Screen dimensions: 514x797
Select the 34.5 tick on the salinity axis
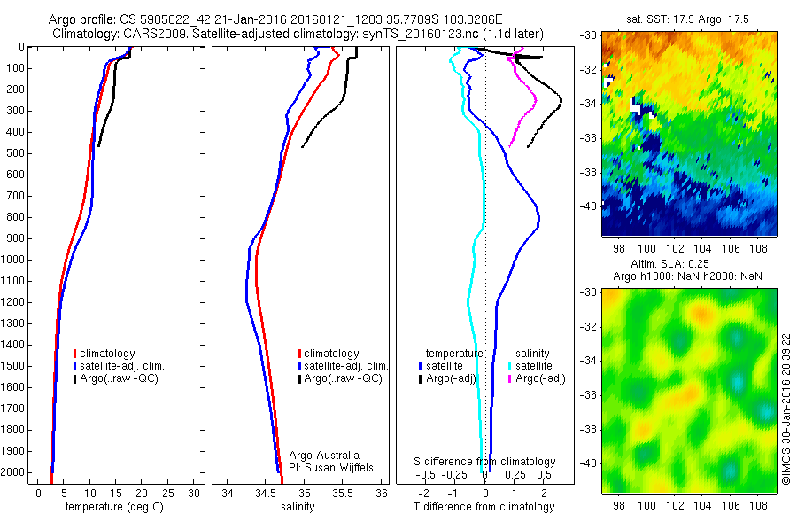266,492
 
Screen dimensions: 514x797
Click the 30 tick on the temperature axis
194,492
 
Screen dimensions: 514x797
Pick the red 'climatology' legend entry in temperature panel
109,354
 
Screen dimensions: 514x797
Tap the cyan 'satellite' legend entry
536,365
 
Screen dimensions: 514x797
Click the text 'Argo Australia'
324,456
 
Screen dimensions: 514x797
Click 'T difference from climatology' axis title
484,508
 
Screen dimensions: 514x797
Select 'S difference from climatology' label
484,462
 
